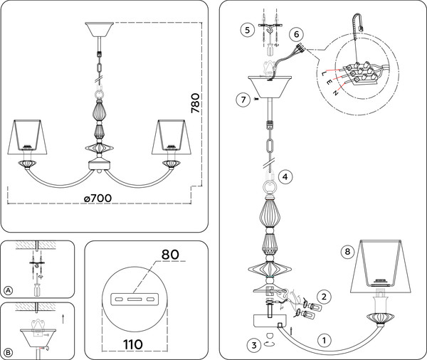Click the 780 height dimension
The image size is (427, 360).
195,103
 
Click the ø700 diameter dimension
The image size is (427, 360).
97,198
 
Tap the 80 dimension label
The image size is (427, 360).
170,254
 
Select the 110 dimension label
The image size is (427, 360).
133,344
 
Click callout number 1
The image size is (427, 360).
324,340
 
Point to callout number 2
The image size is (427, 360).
324,296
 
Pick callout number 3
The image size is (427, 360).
254,345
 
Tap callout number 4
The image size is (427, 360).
285,176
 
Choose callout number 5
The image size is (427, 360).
247,30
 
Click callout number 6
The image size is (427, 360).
296,34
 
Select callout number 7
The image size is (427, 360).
243,100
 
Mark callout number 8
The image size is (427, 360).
347,251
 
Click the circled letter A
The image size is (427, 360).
9,290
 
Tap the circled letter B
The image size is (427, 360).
9,353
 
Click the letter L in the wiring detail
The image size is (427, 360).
324,73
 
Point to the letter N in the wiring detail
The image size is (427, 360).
336,93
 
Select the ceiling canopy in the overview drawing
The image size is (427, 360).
100,29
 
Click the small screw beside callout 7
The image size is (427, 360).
256,99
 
